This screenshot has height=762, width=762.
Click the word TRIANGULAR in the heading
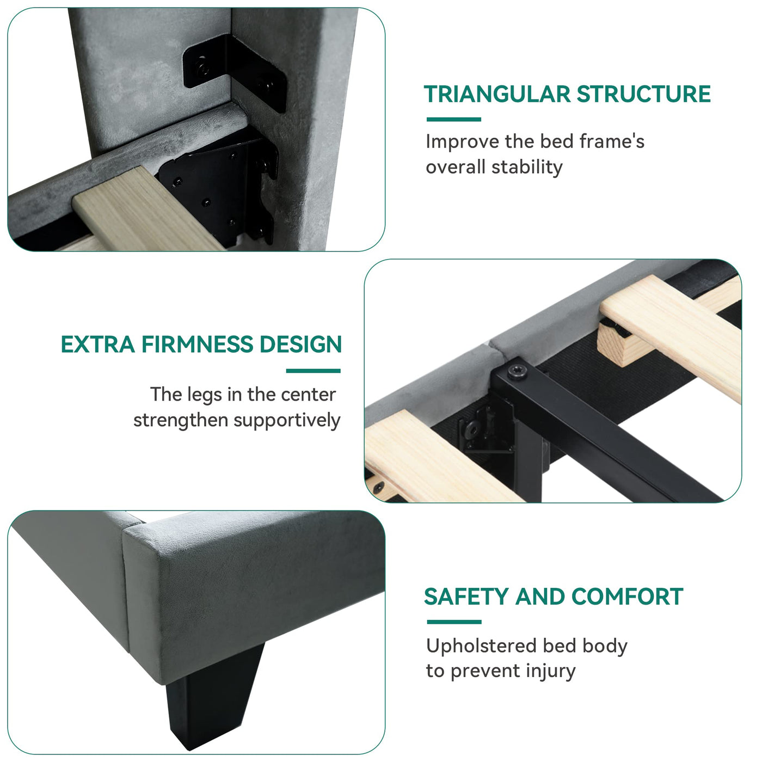pyautogui.click(x=497, y=94)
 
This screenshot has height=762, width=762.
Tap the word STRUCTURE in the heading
pyautogui.click(x=643, y=94)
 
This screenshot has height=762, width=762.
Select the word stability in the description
pyautogui.click(x=527, y=167)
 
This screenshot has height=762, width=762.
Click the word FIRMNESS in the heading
pyautogui.click(x=197, y=345)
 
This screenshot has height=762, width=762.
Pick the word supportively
pyautogui.click(x=287, y=420)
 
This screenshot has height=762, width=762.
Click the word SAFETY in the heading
pyautogui.click(x=466, y=597)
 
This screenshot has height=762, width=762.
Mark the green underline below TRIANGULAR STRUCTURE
pyautogui.click(x=453, y=119)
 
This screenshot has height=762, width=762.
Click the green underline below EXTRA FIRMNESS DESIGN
pyautogui.click(x=313, y=371)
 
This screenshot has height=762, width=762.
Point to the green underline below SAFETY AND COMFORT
pyautogui.click(x=454, y=622)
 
